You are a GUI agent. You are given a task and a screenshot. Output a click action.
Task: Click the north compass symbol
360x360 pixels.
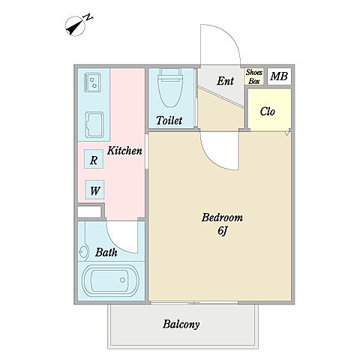[75, 26]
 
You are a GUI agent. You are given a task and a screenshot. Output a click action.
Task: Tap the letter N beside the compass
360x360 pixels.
[88, 17]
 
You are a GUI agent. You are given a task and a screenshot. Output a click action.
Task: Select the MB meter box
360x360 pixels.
[279, 76]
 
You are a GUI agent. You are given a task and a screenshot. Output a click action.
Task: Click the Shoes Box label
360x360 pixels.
[254, 76]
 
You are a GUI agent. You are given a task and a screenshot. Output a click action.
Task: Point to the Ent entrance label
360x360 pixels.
[225, 81]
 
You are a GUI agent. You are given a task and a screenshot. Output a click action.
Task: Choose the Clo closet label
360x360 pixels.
[267, 112]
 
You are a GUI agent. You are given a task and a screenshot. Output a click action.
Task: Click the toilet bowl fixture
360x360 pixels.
[170, 88]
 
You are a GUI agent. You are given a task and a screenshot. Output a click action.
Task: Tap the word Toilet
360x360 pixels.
[169, 121]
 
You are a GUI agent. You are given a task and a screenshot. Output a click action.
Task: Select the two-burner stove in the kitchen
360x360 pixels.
[92, 82]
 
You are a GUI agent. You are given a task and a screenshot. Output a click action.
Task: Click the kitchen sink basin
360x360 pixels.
[94, 124]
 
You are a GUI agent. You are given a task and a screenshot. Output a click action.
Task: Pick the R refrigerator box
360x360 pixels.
[94, 159]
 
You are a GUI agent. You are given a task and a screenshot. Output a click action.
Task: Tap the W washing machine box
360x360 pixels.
[94, 190]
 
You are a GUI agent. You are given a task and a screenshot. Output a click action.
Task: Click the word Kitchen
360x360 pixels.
[124, 151]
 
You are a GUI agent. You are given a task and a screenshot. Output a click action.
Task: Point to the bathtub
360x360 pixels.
[110, 281]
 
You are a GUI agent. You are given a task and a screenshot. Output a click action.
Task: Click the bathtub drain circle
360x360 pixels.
[122, 280]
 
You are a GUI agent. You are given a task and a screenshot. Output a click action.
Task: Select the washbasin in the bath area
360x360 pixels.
[83, 252]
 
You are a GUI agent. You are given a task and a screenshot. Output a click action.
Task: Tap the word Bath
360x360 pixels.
[106, 253]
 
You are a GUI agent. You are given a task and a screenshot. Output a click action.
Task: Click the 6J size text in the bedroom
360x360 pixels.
[222, 231]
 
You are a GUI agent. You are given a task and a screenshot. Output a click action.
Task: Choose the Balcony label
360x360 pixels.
[181, 324]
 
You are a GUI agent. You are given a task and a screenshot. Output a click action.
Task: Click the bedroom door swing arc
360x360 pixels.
[212, 160]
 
